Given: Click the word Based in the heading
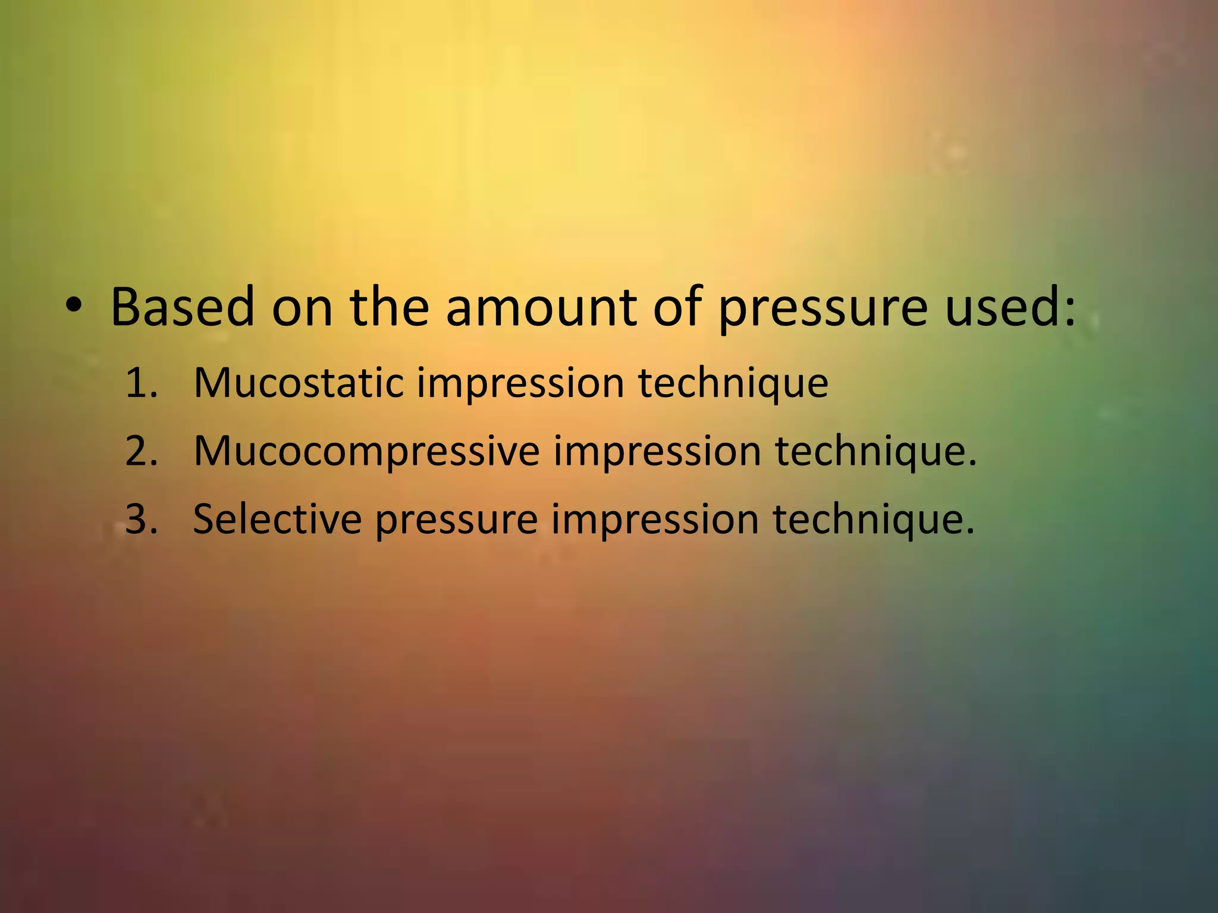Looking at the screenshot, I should click(x=182, y=307).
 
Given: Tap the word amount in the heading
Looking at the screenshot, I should click(x=541, y=307).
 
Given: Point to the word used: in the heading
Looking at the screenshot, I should click(x=1010, y=307).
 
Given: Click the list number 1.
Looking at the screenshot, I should click(x=140, y=383).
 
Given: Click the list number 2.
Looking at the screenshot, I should click(x=142, y=451).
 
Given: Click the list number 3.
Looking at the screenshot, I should click(x=142, y=519).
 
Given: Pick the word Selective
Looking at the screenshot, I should click(x=277, y=519).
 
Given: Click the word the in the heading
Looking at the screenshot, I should click(x=389, y=307).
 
